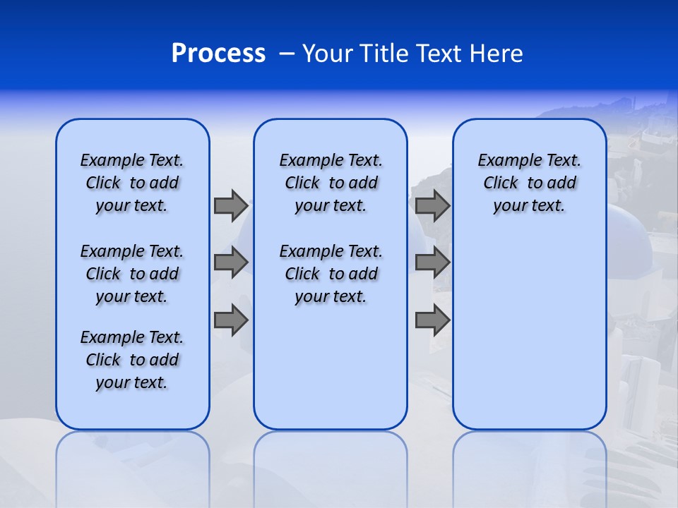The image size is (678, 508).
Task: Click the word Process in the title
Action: pos(218,53)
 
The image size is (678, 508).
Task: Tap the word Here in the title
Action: pos(496,54)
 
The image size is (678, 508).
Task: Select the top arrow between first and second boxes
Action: pos(231,205)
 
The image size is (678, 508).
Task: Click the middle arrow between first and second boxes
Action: pos(231,262)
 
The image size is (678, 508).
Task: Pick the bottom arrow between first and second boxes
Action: pos(231,320)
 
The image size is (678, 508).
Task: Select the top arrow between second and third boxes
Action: pos(432,205)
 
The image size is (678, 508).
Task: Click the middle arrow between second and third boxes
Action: pos(432,262)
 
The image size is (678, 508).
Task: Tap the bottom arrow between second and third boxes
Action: pos(432,320)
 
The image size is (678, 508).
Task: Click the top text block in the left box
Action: pos(132,183)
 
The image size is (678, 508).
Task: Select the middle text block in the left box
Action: pos(132,274)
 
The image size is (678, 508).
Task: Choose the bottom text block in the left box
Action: pos(132,360)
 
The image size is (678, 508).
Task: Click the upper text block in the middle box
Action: pos(331,183)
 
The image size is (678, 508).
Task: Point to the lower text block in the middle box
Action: pos(331,274)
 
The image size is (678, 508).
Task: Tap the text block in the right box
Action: pos(529,183)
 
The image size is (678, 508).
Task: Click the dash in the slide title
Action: pos(287,54)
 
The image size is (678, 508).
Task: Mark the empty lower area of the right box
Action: pos(529,332)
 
